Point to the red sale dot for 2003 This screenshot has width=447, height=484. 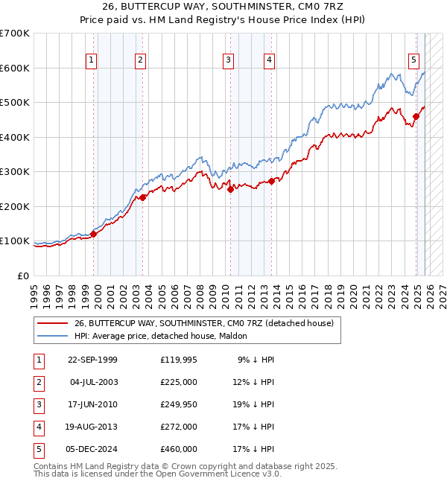coord(143,197)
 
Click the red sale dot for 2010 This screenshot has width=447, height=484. coord(230,189)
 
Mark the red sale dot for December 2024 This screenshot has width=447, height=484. coord(416,116)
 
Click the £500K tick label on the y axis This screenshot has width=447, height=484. coord(15,103)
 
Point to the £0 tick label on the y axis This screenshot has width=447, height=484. coord(24,276)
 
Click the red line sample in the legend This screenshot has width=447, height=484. coord(52,324)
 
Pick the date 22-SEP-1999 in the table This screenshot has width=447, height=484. coord(92,360)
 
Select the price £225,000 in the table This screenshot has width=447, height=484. coord(179,382)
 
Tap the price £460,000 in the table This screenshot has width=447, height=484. coord(179,449)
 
